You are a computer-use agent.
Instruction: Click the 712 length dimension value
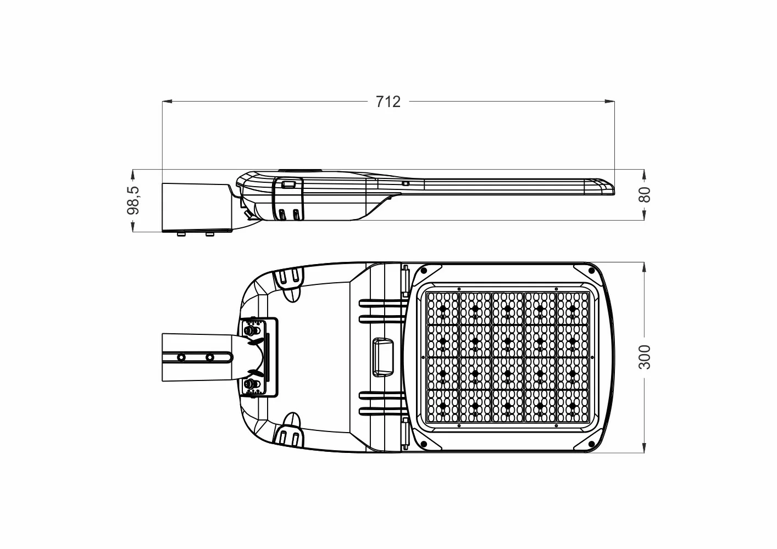(388, 102)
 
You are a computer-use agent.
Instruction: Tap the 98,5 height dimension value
(134, 200)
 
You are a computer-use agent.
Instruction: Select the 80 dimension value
(645, 194)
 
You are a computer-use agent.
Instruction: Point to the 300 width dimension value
(645, 357)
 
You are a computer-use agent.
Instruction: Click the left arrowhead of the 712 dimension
(167, 102)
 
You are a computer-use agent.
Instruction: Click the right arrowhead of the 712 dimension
(609, 102)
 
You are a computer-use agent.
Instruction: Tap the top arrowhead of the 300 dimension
(644, 267)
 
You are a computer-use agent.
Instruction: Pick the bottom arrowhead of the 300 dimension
(644, 448)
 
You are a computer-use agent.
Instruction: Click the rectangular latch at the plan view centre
(383, 357)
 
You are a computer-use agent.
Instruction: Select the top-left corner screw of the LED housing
(423, 271)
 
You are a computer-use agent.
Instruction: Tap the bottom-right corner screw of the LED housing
(591, 444)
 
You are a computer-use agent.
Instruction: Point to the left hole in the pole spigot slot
(181, 357)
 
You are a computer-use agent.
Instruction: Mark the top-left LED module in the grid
(443, 309)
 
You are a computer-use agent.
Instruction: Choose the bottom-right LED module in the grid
(573, 406)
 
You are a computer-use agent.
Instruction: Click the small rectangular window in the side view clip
(288, 184)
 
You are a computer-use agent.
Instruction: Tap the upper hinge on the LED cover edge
(405, 280)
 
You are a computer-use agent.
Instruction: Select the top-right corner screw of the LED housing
(591, 271)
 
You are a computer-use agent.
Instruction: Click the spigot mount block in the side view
(197, 208)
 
